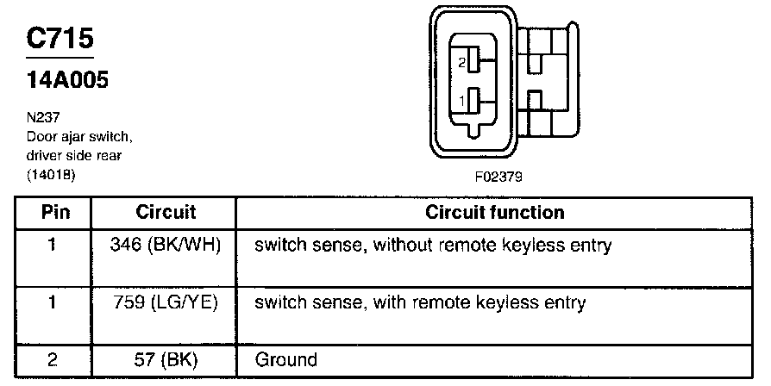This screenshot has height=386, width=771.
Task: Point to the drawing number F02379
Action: coord(498,178)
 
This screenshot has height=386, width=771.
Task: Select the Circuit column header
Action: coord(166,212)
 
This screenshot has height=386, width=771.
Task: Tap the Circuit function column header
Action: coord(495,212)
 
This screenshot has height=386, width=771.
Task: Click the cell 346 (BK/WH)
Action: coord(166,246)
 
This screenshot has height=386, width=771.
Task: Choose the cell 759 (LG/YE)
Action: coord(166,302)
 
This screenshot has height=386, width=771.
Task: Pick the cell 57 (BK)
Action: coord(166,359)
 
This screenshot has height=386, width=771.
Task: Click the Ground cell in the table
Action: coord(286,359)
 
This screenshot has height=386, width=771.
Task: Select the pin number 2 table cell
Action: coord(53,359)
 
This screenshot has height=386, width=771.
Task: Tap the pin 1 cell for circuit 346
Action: coord(53,246)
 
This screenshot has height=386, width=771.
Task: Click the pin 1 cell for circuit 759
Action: coord(53,302)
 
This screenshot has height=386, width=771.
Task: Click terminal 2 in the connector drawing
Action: coord(473,63)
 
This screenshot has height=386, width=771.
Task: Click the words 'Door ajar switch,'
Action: coord(79,135)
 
